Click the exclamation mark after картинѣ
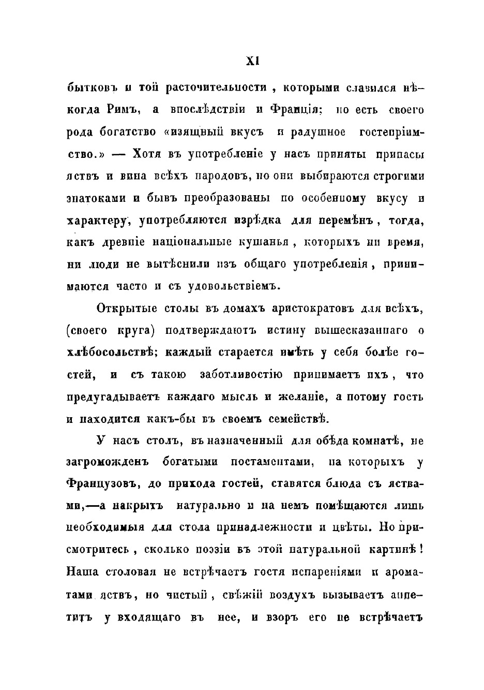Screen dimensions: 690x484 (422, 550)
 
